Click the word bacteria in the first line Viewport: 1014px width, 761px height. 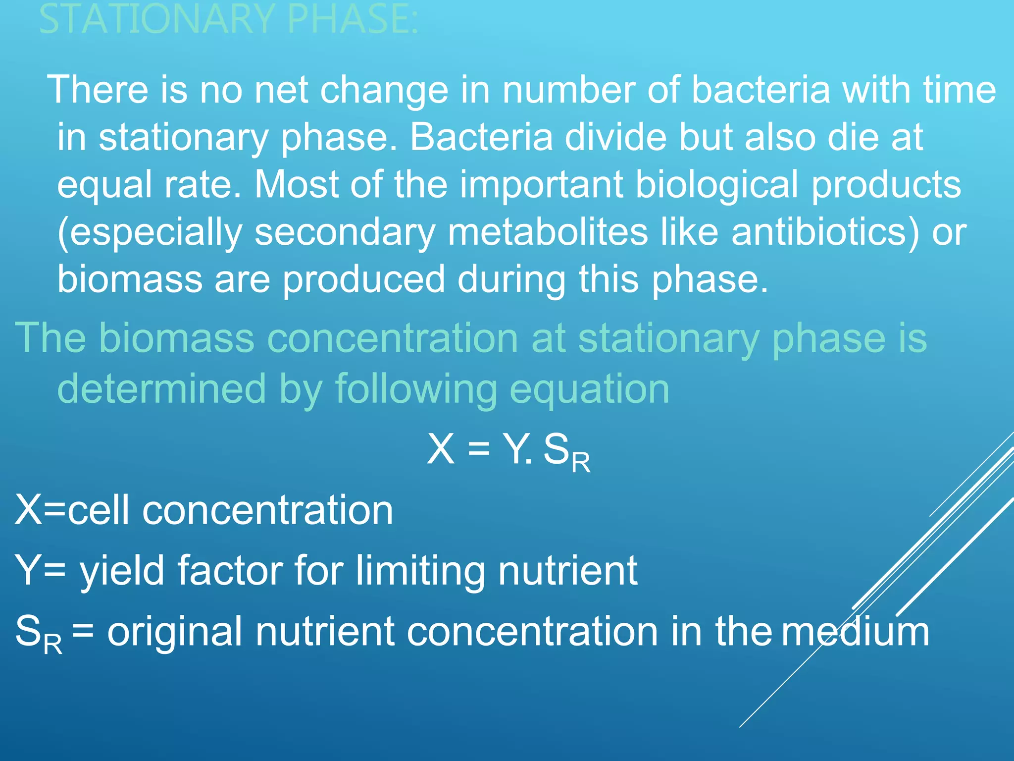pyautogui.click(x=760, y=90)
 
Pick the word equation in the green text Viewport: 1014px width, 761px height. pyautogui.click(x=589, y=389)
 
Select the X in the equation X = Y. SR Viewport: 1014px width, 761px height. pyautogui.click(x=441, y=449)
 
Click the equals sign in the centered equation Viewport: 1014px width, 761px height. pyautogui.click(x=479, y=449)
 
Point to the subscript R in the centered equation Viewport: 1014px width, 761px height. pyautogui.click(x=581, y=463)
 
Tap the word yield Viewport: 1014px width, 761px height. pyautogui.click(x=122, y=571)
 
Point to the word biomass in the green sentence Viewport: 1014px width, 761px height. pyautogui.click(x=176, y=338)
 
